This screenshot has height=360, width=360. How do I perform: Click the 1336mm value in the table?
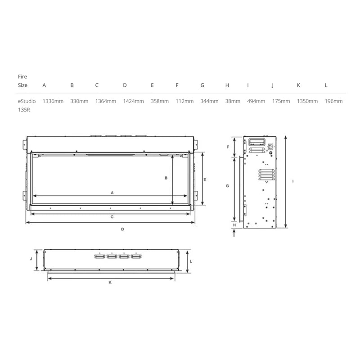point(53,101)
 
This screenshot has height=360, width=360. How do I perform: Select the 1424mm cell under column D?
point(133,101)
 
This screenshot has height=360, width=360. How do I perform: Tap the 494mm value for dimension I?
point(256,101)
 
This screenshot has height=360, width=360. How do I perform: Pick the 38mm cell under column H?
point(233,101)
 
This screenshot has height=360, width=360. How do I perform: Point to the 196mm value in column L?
point(333,101)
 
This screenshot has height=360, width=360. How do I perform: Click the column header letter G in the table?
point(202,85)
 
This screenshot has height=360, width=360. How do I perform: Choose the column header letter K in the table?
point(298,85)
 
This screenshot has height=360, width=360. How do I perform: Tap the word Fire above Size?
point(22,76)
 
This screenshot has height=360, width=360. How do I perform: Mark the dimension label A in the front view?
point(112,193)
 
